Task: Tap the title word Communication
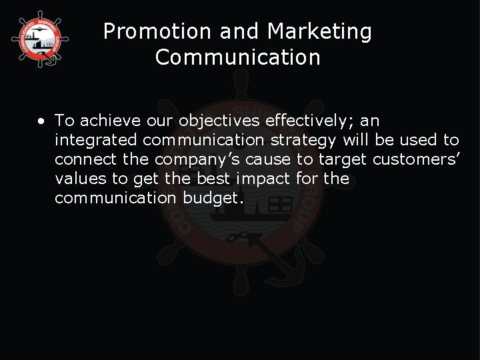238,57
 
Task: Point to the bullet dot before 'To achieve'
41,122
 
